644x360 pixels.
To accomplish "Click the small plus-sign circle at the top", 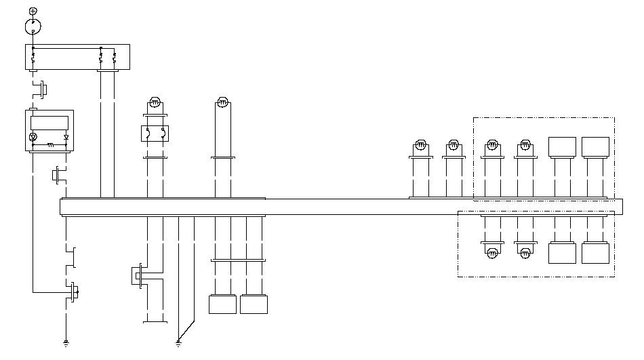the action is [x=33, y=12].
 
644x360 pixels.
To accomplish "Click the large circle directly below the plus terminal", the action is [x=33, y=27].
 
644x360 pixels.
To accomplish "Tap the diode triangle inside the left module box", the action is [x=66, y=137].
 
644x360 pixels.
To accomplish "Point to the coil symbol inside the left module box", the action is [x=49, y=144].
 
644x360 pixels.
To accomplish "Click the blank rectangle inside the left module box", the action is [x=49, y=123].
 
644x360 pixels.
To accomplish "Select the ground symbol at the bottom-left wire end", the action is [x=66, y=343].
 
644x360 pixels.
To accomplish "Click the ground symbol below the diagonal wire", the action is [x=178, y=343].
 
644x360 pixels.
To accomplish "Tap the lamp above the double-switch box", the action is [x=155, y=103].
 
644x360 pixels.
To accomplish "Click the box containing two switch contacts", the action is [x=155, y=132].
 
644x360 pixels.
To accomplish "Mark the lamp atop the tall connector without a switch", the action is [x=222, y=103].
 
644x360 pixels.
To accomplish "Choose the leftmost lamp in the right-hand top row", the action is [x=420, y=145].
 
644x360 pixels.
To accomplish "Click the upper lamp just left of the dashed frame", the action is [x=454, y=145].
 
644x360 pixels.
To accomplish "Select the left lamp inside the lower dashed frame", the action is [x=493, y=253].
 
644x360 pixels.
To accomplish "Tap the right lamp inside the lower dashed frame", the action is [x=525, y=253].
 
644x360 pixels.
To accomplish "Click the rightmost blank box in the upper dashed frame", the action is [x=595, y=146].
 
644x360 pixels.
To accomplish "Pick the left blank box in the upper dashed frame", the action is [x=562, y=146].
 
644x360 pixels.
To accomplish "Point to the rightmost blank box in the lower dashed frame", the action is [x=595, y=254].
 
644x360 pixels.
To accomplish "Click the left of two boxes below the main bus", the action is [x=222, y=304].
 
